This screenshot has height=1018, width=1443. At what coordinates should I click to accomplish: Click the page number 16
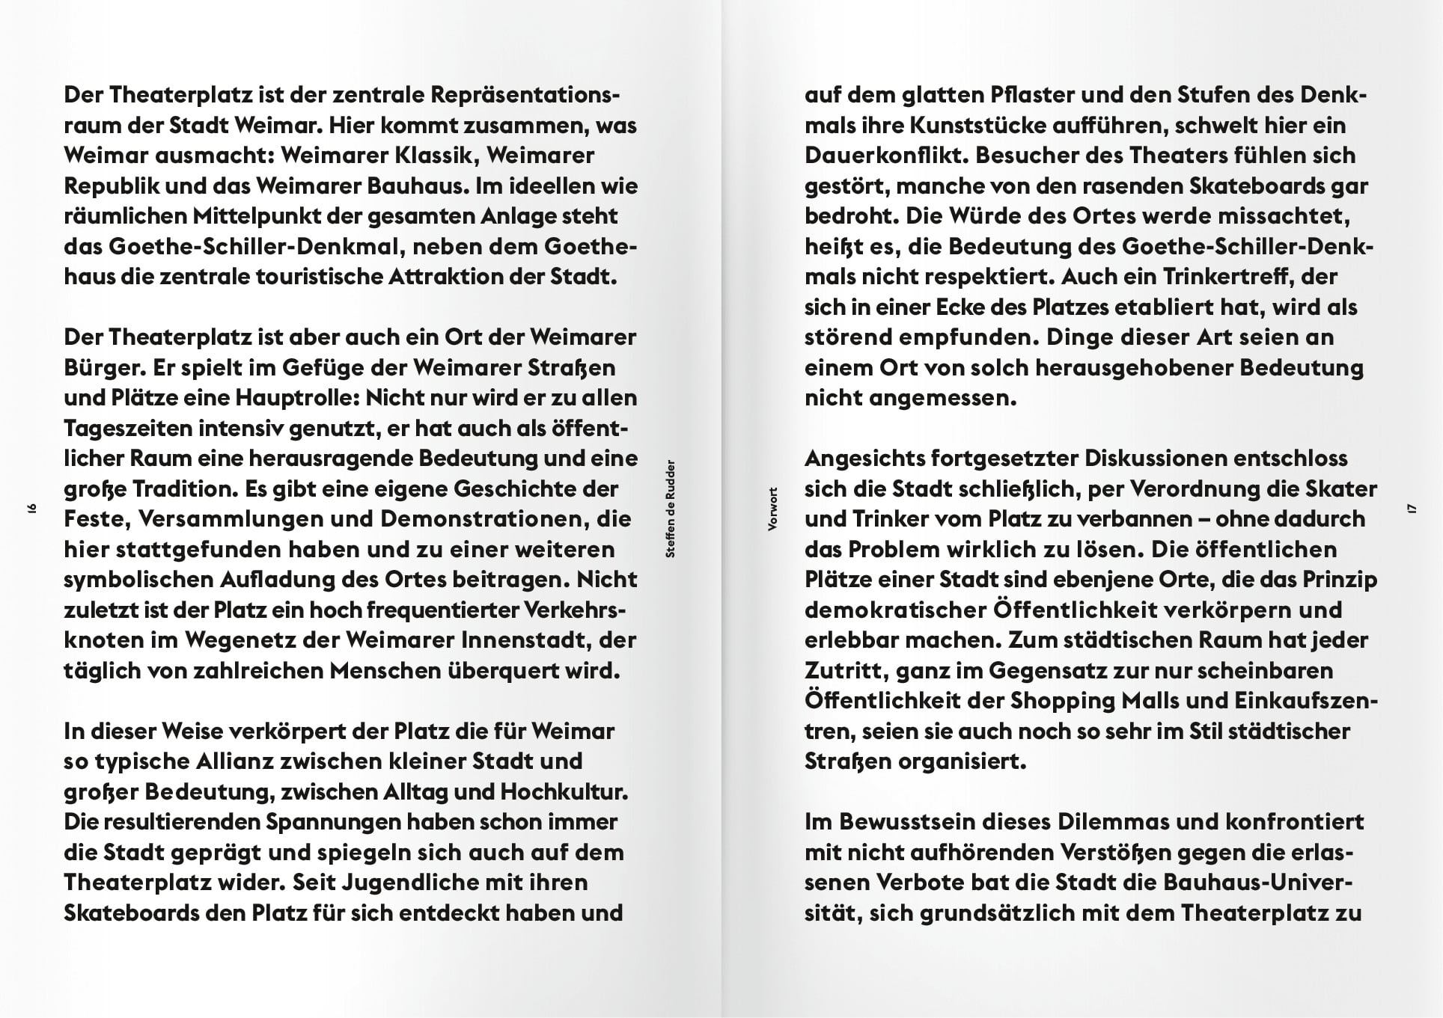pyautogui.click(x=32, y=509)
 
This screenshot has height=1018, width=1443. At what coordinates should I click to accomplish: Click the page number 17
pyautogui.click(x=1412, y=509)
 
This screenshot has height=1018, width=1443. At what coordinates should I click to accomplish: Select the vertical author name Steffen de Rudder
pyautogui.click(x=671, y=509)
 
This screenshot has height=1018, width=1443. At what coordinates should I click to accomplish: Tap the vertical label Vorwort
pyautogui.click(x=773, y=509)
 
